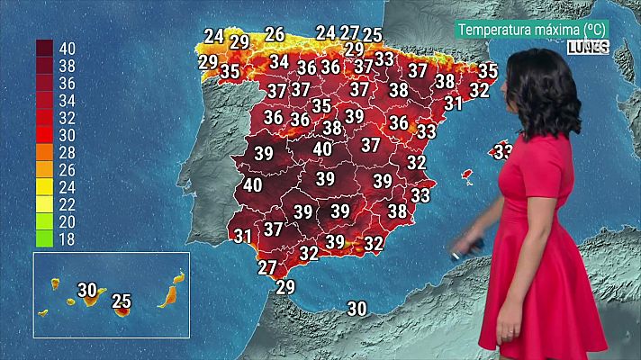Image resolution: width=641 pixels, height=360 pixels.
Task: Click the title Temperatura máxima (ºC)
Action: tap(532, 30)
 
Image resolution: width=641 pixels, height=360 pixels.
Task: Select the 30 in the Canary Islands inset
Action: tap(87, 290)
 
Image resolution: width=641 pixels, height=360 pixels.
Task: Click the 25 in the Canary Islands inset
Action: tap(122, 301)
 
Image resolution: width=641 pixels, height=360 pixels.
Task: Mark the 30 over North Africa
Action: tap(357, 309)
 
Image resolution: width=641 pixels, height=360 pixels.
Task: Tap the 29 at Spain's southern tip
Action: tap(285, 287)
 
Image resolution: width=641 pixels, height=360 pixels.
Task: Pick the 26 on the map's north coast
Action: tap(275, 34)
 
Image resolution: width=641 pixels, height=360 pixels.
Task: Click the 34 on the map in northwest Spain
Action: tap(279, 62)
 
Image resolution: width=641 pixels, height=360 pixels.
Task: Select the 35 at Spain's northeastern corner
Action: tap(488, 70)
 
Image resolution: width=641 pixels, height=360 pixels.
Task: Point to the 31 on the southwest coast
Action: tap(242, 237)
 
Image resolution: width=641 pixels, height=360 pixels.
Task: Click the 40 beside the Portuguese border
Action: tap(252, 185)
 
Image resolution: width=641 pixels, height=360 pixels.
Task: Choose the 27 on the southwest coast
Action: tap(267, 267)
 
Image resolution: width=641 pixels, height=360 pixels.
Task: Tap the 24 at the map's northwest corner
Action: tap(213, 37)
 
